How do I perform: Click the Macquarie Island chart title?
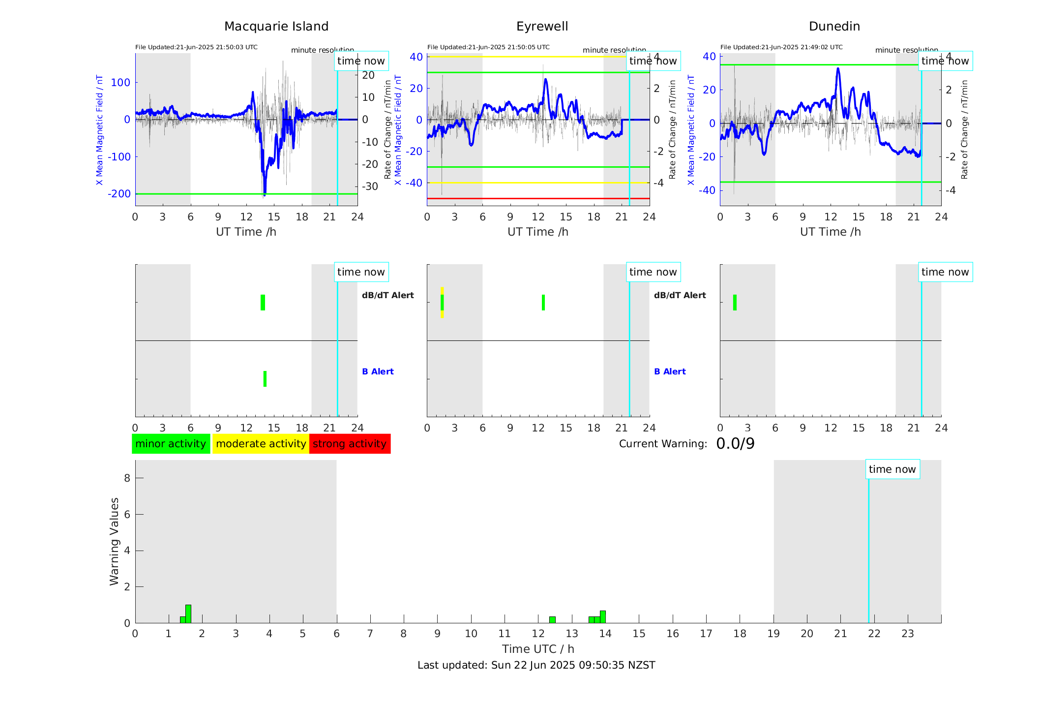click(276, 27)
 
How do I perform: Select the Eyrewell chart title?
click(542, 27)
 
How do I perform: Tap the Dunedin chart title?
click(834, 27)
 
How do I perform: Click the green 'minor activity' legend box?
click(171, 444)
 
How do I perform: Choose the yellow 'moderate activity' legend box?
click(261, 444)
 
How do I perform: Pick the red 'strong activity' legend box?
click(350, 444)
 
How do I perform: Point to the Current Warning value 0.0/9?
click(735, 444)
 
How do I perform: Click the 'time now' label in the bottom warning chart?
click(892, 469)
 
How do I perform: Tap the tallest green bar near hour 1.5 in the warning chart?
click(188, 614)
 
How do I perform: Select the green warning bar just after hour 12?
click(552, 620)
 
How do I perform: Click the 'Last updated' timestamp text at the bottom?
click(536, 665)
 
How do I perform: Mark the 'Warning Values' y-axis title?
click(114, 541)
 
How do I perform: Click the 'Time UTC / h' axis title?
click(538, 649)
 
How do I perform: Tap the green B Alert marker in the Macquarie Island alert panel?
click(265, 379)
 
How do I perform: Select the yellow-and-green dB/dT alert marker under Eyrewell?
click(442, 303)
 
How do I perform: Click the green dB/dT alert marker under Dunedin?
click(735, 303)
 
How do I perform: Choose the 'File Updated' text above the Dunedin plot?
click(781, 47)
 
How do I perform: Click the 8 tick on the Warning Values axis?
click(127, 478)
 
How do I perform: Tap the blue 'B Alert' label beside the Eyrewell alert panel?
click(670, 371)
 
